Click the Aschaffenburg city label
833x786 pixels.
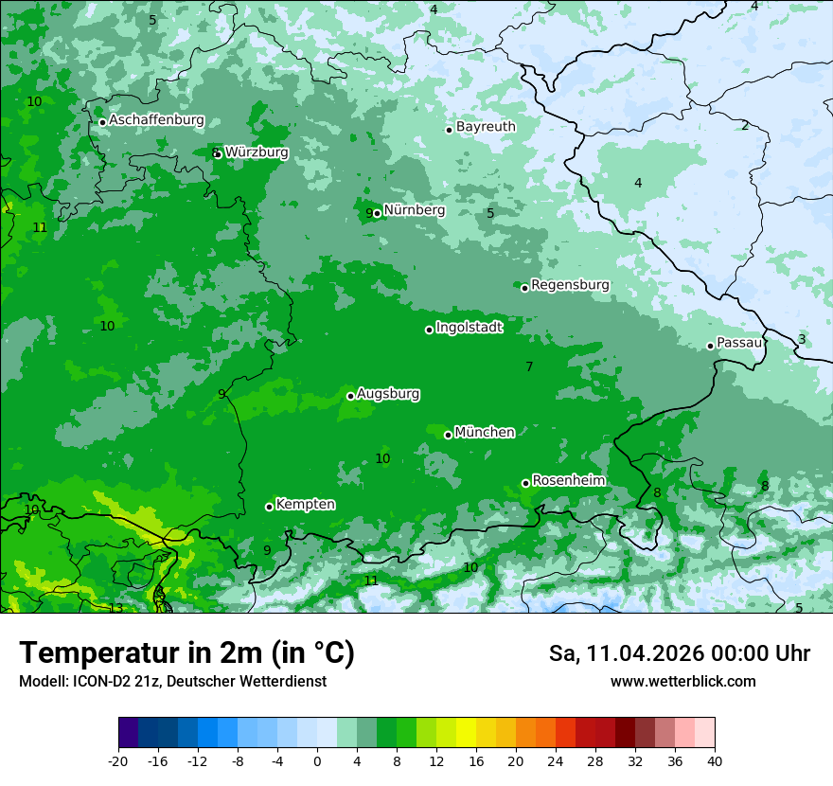[x=156, y=120]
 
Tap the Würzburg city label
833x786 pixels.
[x=257, y=152]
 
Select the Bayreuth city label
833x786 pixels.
[x=486, y=126]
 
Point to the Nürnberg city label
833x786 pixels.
[x=414, y=210]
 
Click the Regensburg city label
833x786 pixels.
[x=570, y=284]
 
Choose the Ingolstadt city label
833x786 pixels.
[x=469, y=328]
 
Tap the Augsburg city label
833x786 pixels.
[x=388, y=393]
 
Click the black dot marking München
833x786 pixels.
[x=448, y=435]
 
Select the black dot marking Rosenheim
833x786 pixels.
[x=525, y=483]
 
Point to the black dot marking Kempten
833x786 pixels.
[x=269, y=507]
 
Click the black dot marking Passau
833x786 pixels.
[x=710, y=346]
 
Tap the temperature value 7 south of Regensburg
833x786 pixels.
[x=529, y=366]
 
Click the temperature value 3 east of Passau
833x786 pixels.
[x=802, y=339]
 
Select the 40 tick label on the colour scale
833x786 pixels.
[x=714, y=760]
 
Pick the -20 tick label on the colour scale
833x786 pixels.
[x=117, y=760]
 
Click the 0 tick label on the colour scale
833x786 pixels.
[x=317, y=760]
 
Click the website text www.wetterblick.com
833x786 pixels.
[x=682, y=682]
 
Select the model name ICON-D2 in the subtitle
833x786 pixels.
[x=97, y=682]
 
